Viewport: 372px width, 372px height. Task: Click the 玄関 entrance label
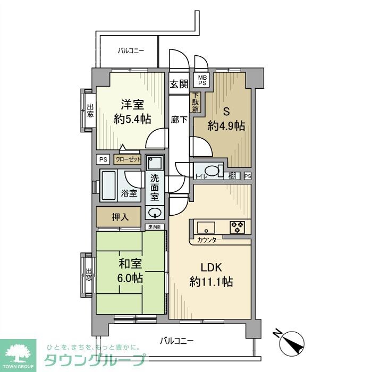pos(180,83)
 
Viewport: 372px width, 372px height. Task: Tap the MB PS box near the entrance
pos(202,80)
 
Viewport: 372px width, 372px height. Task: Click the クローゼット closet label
pos(128,159)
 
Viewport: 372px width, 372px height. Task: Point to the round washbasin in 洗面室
pos(155,213)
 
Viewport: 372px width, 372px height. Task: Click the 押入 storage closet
pos(119,217)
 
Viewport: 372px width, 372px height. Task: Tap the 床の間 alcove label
pos(154,227)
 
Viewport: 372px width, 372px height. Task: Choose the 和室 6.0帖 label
pos(130,270)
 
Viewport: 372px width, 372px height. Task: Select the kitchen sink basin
pos(205,227)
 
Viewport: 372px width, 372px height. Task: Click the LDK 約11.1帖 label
pos(210,274)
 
